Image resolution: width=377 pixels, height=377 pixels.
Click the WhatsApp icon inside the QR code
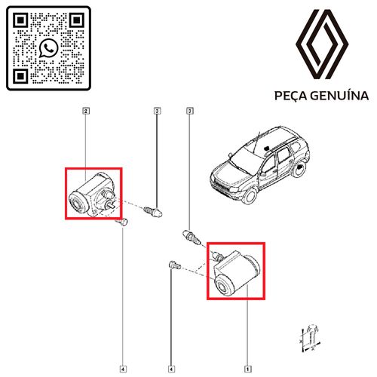[48, 48]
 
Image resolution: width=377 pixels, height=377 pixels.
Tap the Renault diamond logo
[322, 44]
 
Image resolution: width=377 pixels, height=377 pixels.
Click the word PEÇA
[291, 96]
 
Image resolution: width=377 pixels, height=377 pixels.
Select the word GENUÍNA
[340, 96]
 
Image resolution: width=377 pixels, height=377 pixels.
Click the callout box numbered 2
[86, 111]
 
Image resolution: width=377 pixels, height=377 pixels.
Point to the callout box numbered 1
[247, 369]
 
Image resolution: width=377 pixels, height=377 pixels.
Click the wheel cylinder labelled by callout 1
[236, 273]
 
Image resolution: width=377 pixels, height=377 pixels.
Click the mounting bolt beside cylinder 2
[122, 222]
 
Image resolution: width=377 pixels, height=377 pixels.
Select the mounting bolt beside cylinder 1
[174, 265]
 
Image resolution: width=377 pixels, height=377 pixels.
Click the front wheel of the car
[250, 196]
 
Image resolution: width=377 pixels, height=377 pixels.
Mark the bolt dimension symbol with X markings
[311, 339]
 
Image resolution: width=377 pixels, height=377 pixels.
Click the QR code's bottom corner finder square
[20, 76]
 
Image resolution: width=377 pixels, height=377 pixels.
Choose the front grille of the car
[220, 185]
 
